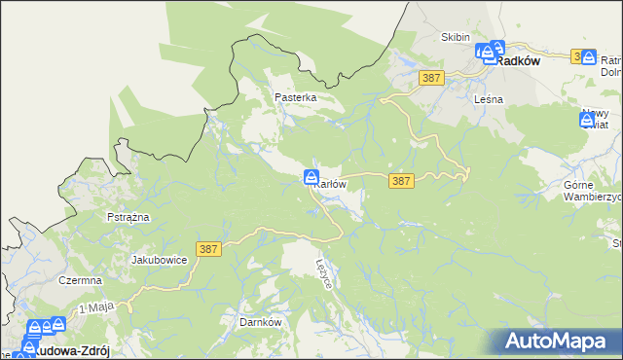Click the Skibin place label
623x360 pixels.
[456, 37]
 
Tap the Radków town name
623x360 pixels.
[517, 60]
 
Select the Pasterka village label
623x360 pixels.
[296, 98]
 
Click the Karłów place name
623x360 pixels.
[332, 185]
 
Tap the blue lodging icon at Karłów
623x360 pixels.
[311, 177]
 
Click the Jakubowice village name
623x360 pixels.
[159, 260]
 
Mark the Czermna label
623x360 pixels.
[80, 280]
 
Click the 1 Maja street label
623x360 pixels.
[96, 307]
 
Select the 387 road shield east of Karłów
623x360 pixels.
[401, 181]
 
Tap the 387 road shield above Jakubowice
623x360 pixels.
[208, 250]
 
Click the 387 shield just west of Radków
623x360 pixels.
[431, 76]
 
